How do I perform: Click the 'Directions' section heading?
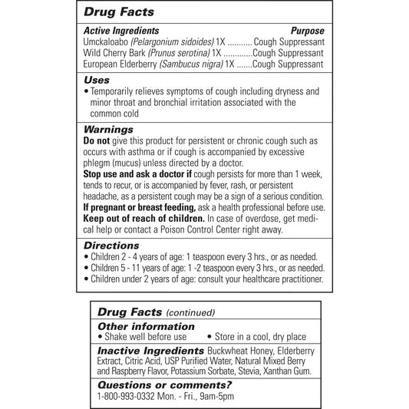pyautogui.click(x=110, y=244)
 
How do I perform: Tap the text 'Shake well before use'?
pyautogui.click(x=147, y=336)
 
